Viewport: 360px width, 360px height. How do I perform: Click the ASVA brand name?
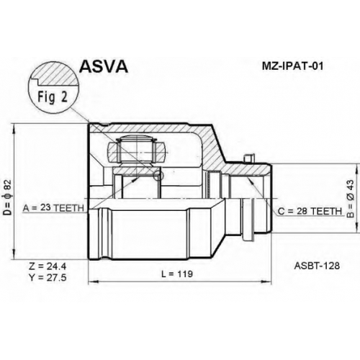(x=104, y=66)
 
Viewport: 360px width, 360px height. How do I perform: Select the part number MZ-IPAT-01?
(x=292, y=66)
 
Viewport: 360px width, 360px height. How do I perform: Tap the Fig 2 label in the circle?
(x=53, y=97)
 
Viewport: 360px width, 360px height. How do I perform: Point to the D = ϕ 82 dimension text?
(x=8, y=197)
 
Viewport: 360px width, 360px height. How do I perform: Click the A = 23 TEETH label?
(x=53, y=208)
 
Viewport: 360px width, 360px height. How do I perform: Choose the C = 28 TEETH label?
(x=310, y=211)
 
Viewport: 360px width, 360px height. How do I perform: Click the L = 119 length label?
(x=177, y=274)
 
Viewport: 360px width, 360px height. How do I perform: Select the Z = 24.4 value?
(x=48, y=266)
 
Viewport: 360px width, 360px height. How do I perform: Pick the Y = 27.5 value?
(x=48, y=278)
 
